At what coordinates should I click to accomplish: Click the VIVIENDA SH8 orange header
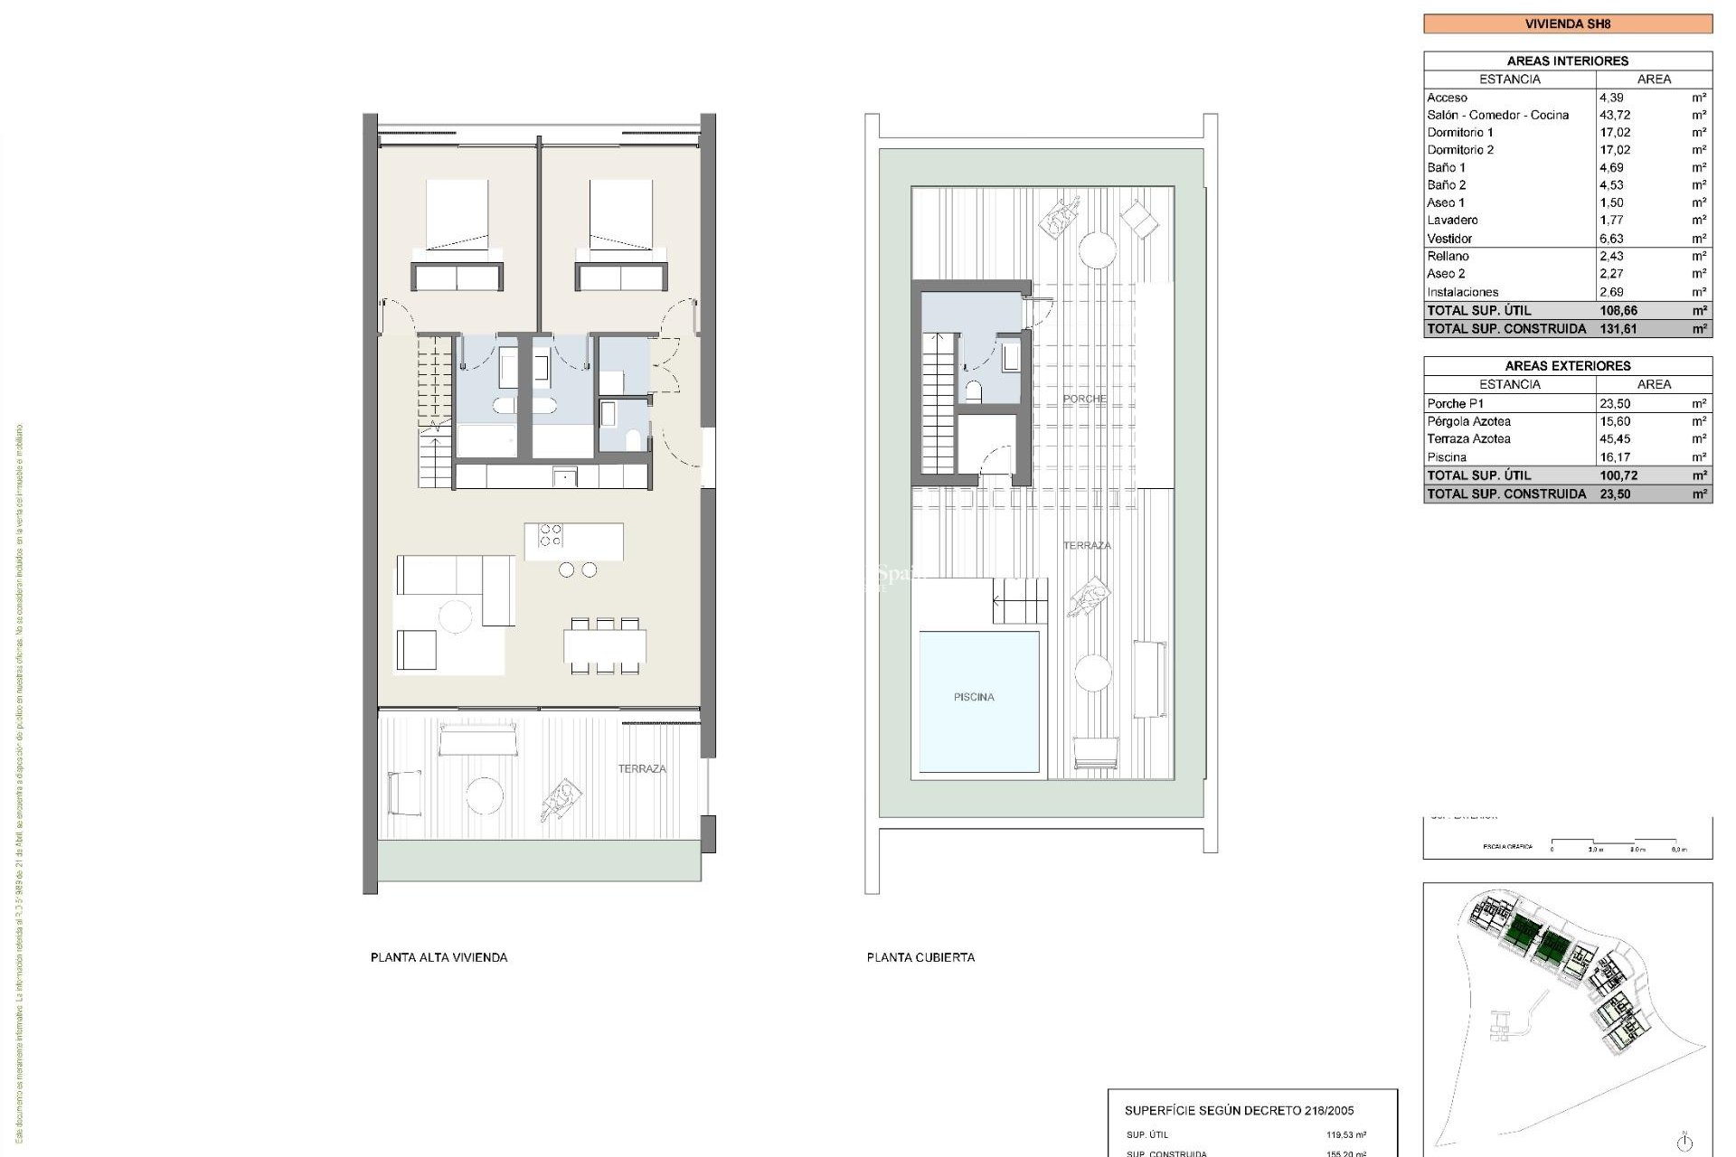pyautogui.click(x=1567, y=24)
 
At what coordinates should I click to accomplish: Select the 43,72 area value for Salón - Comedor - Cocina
pyautogui.click(x=1615, y=115)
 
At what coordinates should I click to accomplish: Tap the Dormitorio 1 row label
pyautogui.click(x=1459, y=133)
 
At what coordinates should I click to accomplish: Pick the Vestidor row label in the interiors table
pyautogui.click(x=1449, y=239)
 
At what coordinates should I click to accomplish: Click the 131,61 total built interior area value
pyautogui.click(x=1618, y=329)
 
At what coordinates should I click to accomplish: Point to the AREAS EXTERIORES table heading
pyautogui.click(x=1567, y=366)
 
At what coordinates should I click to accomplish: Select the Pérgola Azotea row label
pyautogui.click(x=1468, y=421)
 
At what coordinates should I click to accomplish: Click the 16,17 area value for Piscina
pyautogui.click(x=1615, y=457)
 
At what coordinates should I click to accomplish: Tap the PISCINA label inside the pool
pyautogui.click(x=974, y=697)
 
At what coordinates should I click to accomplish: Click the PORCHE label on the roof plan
pyautogui.click(x=1084, y=399)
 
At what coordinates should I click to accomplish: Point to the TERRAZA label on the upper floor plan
pyautogui.click(x=642, y=769)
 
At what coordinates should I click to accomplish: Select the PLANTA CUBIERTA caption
pyautogui.click(x=920, y=957)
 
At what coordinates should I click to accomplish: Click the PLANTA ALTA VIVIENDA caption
pyautogui.click(x=439, y=957)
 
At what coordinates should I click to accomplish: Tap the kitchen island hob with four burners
pyautogui.click(x=550, y=535)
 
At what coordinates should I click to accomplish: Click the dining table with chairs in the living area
pyautogui.click(x=605, y=646)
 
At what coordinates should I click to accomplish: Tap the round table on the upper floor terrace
pyautogui.click(x=485, y=795)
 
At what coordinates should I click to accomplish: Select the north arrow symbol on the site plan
pyautogui.click(x=1684, y=1141)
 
